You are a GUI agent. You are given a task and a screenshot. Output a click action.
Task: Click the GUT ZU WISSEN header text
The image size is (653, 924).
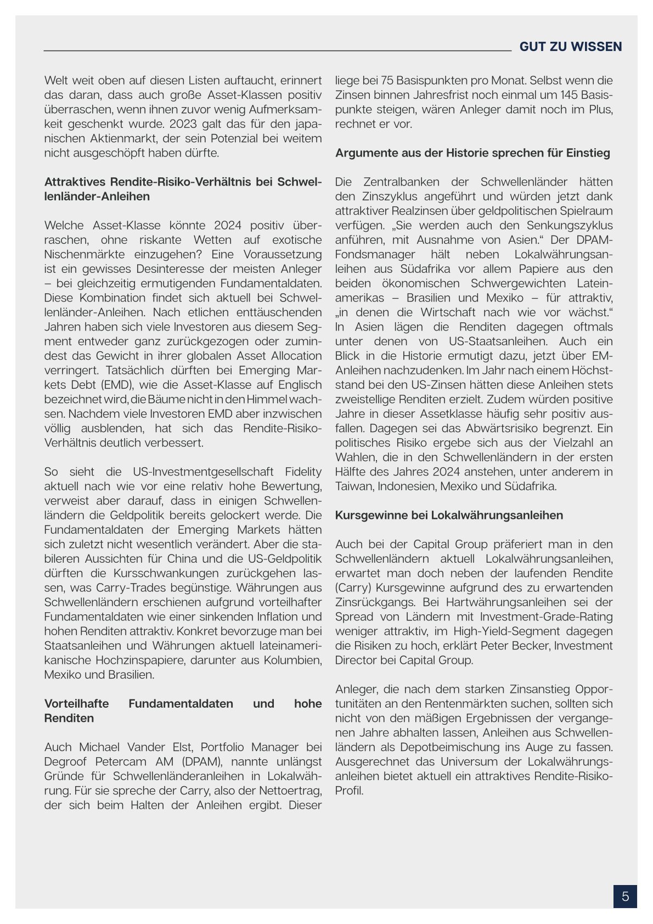coord(571,47)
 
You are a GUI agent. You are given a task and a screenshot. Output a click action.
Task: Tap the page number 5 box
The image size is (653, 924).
coord(625,897)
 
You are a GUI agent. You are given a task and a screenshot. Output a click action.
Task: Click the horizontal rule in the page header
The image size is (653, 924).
coord(277,51)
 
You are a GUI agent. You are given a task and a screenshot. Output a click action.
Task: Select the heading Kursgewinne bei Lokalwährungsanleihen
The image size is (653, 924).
coord(449,516)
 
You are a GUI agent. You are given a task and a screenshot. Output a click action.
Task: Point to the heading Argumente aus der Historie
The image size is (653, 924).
coord(472,153)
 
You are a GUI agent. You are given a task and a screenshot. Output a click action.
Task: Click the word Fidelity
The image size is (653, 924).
coord(303,472)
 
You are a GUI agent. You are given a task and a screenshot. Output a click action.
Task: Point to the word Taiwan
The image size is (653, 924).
coord(353,486)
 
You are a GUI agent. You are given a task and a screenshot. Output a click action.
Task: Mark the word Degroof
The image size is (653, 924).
coord(67,761)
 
